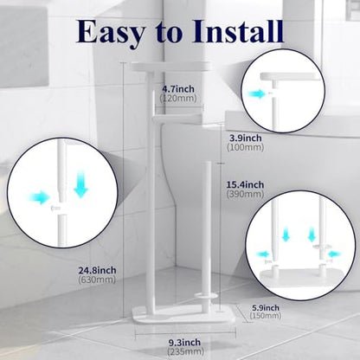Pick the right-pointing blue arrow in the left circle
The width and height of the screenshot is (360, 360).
[x=40, y=198]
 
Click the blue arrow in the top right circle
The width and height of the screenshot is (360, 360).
[x=256, y=93]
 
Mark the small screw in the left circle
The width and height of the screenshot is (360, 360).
[x=55, y=208]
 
